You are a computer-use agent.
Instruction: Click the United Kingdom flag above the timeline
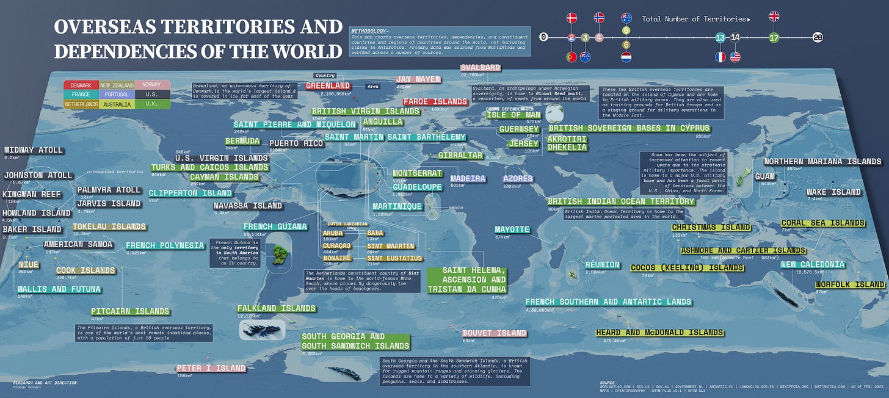click(774, 16)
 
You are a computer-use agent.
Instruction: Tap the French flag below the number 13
click(721, 57)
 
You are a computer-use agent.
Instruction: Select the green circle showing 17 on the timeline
click(774, 38)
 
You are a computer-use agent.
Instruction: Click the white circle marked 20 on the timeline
click(818, 38)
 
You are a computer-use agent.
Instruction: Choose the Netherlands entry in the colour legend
click(81, 104)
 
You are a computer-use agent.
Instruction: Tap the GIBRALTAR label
click(460, 156)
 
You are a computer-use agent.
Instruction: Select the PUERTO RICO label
click(296, 143)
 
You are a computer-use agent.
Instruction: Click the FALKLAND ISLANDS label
click(277, 308)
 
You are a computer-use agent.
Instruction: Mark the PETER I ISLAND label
click(211, 368)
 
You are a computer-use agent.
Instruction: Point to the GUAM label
click(765, 176)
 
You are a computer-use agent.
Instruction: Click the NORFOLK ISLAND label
click(850, 284)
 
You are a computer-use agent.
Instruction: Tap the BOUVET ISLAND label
click(494, 333)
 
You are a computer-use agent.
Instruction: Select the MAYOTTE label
click(512, 230)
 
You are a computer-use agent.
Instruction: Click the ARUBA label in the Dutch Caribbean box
click(333, 233)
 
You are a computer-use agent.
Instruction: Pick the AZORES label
click(518, 179)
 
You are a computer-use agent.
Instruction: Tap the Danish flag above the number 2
click(571, 18)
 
